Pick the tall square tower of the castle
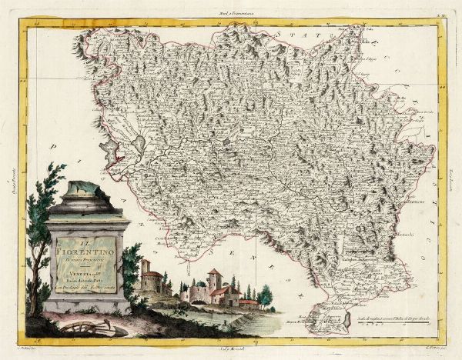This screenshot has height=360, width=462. pyautogui.click(x=215, y=282)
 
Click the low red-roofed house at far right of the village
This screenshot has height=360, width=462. pyautogui.click(x=248, y=302)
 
